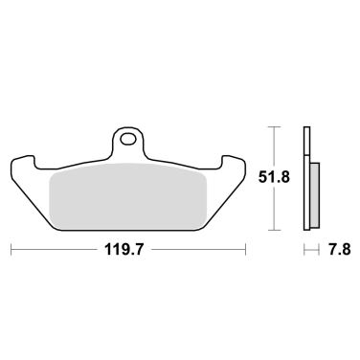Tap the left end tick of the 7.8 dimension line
coord(304,252)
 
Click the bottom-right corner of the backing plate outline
coord(205,230)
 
